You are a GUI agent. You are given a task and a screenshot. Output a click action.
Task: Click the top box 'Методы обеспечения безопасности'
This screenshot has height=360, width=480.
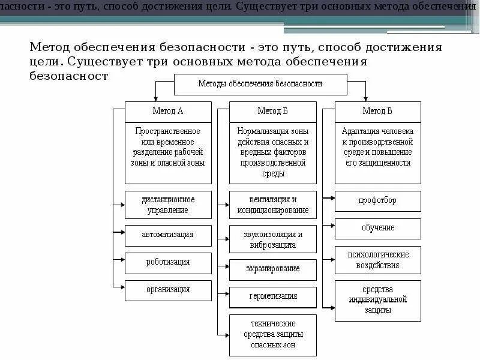tap(260, 84)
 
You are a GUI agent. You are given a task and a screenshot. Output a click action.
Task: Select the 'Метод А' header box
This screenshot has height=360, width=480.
tap(168, 112)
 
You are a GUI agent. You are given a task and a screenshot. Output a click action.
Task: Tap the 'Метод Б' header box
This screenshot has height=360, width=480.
tap(273, 112)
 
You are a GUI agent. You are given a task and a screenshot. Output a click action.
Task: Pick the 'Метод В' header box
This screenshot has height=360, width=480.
tap(378, 112)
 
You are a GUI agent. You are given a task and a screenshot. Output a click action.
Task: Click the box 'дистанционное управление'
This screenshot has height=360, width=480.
tap(168, 205)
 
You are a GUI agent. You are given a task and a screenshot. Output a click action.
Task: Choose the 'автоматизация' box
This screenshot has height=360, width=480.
tap(168, 235)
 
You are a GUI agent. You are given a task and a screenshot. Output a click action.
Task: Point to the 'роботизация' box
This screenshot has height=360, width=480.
tap(168, 262)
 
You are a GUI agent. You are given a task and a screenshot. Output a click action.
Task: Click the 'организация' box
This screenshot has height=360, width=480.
tap(168, 290)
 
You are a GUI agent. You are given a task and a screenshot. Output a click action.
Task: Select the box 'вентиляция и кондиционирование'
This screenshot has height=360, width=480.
tap(273, 205)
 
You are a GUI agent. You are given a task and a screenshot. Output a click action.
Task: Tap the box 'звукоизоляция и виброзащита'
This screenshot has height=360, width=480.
tap(273, 239)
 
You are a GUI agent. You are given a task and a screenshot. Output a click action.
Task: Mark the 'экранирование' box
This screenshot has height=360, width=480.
tap(273, 269)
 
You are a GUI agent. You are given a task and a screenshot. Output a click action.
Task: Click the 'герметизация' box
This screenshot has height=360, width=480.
tap(273, 297)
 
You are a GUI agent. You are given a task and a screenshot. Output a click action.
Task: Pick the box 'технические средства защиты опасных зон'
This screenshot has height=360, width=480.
tap(273, 335)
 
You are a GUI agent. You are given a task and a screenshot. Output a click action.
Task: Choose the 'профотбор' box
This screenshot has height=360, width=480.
tap(378, 200)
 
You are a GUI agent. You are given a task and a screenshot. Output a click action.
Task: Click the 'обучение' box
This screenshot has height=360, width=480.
tap(378, 228)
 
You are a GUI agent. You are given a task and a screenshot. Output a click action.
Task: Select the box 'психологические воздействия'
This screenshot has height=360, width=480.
tap(378, 260)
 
